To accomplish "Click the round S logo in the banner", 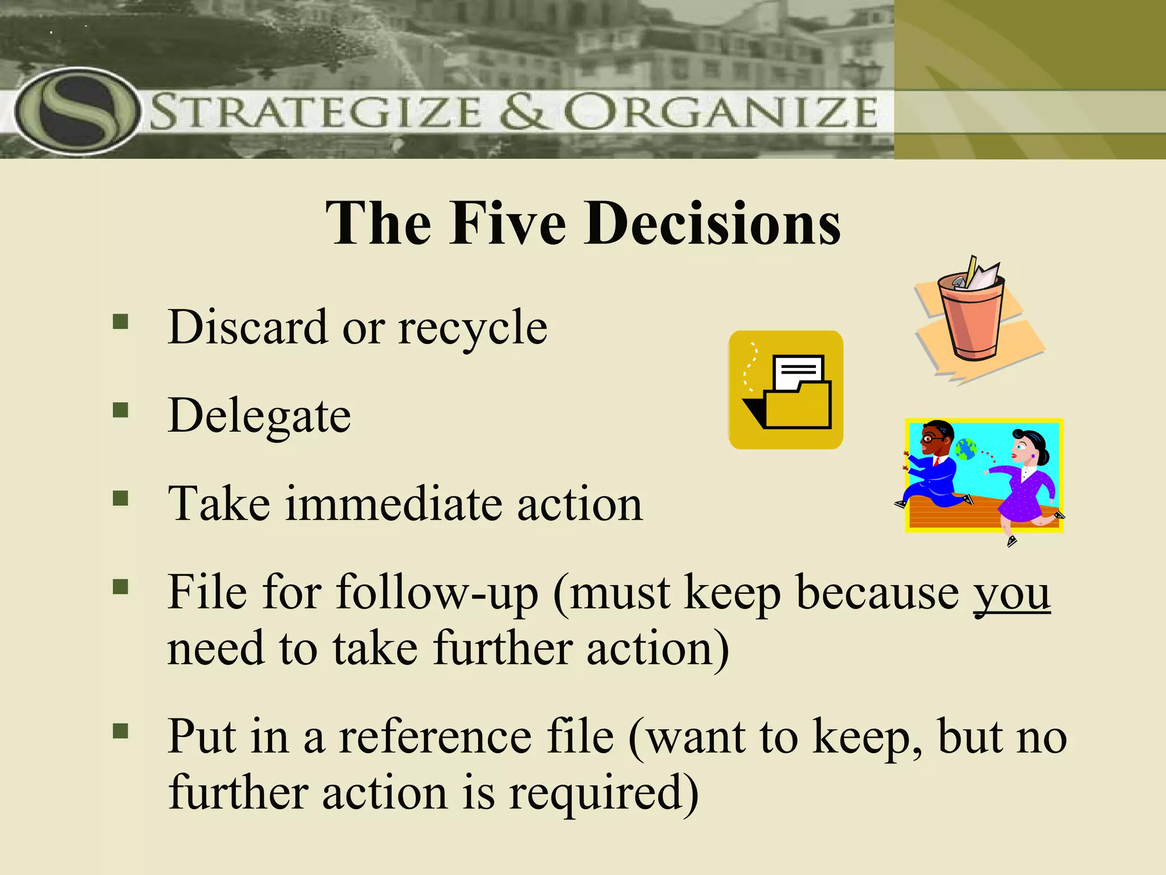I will coord(77,111).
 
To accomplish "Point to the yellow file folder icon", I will coord(786,390).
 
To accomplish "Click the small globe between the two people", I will coord(966,449).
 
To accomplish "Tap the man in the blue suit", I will coord(934,467).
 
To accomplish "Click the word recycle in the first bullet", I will coord(473,329).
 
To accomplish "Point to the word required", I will coord(603,793).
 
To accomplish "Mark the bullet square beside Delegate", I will coord(121,410).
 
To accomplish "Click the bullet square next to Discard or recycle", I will coord(121,322).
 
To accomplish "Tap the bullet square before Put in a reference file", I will coord(121,731).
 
